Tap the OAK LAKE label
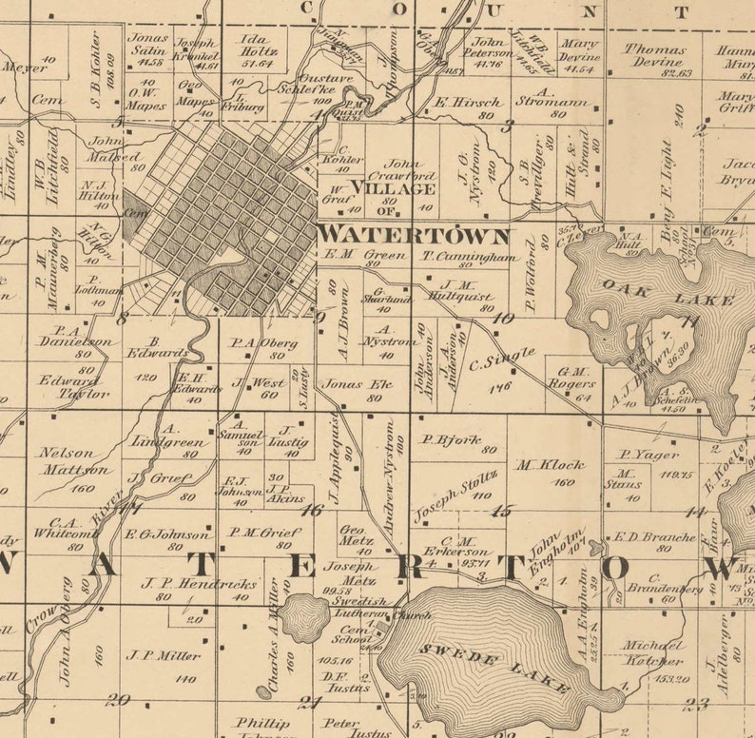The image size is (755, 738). tap(668, 292)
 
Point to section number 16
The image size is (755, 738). tap(311, 510)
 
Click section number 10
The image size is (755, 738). tap(502, 319)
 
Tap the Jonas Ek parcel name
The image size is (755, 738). tap(344, 384)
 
